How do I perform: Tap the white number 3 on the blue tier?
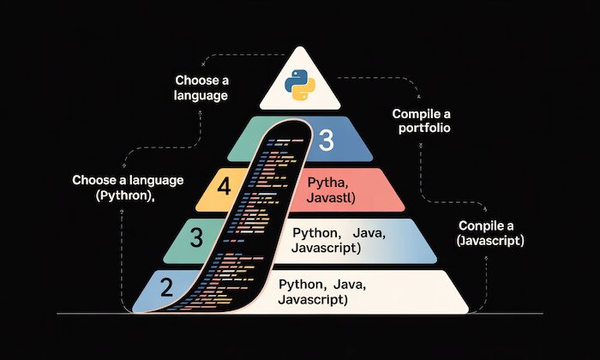(x=326, y=141)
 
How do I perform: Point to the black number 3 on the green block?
(x=196, y=238)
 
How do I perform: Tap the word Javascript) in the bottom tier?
(x=312, y=299)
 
